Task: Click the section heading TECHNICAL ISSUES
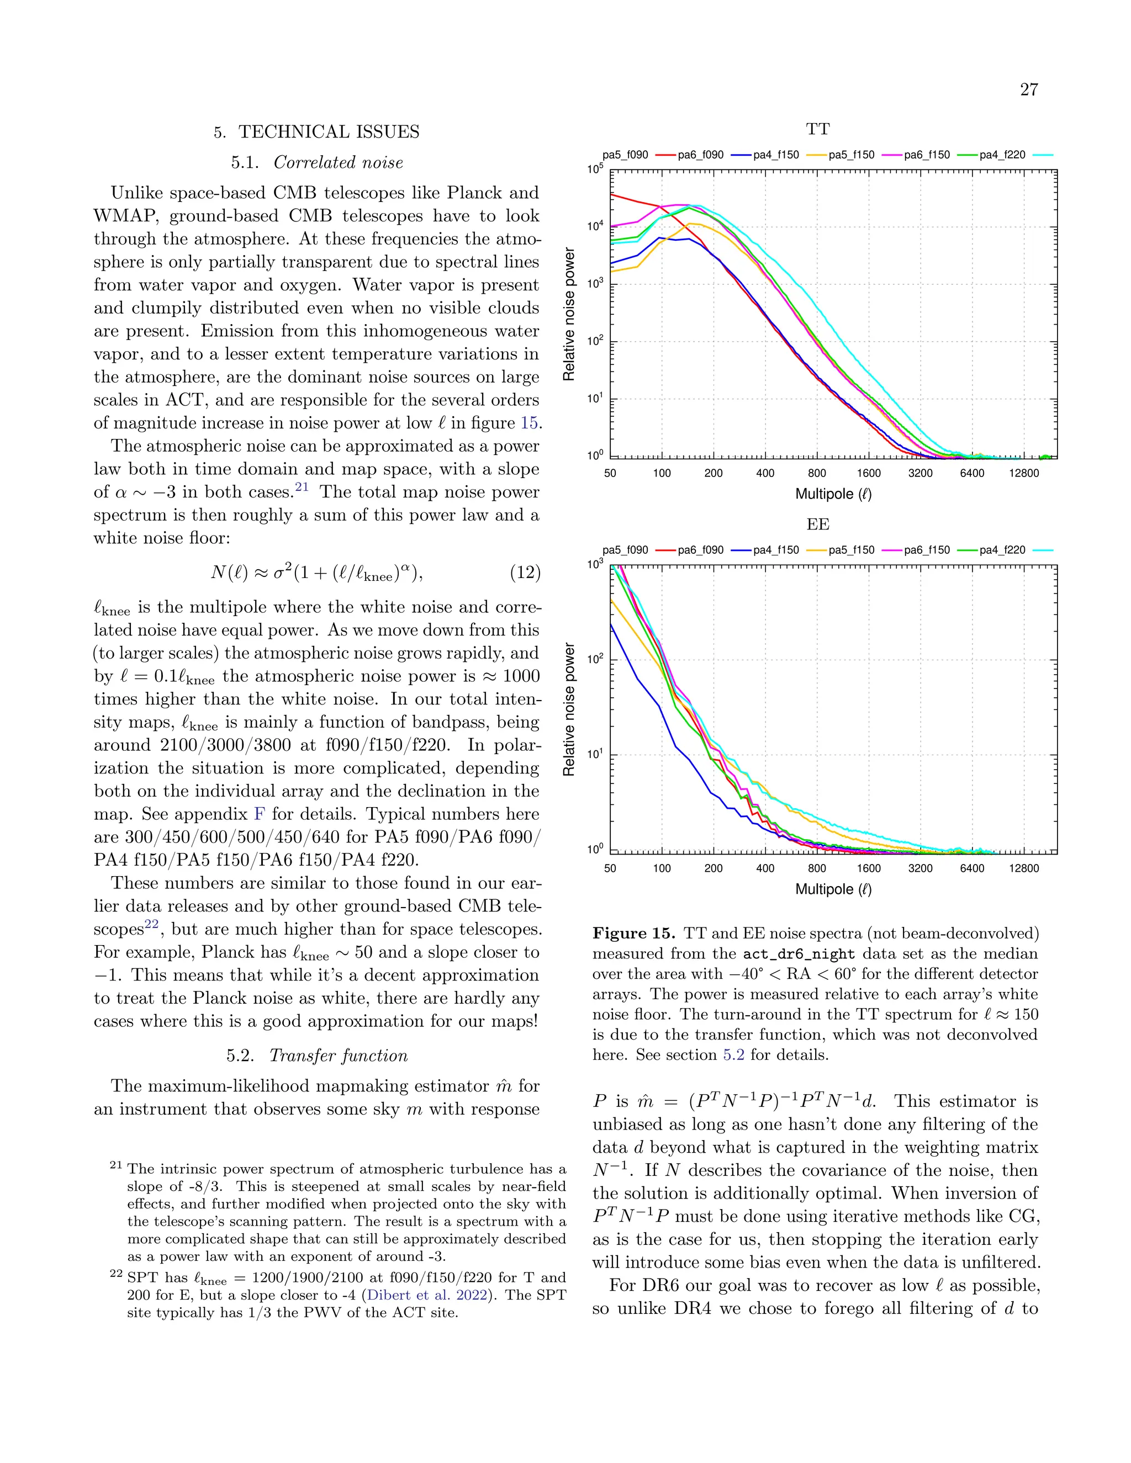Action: pyautogui.click(x=329, y=132)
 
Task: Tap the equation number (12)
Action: pyautogui.click(x=525, y=572)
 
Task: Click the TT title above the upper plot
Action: pyautogui.click(x=817, y=129)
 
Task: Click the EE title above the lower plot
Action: pyautogui.click(x=817, y=524)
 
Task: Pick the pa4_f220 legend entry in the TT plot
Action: pyautogui.click(x=1002, y=155)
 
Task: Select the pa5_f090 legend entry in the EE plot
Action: pyautogui.click(x=625, y=550)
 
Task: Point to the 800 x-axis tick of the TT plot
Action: pyautogui.click(x=817, y=473)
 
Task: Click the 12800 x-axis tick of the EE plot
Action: pyautogui.click(x=1024, y=868)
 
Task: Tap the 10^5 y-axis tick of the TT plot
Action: pyautogui.click(x=595, y=170)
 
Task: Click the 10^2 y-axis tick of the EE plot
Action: pyautogui.click(x=595, y=660)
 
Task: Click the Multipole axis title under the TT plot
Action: pyautogui.click(x=833, y=494)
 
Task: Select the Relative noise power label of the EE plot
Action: pyautogui.click(x=569, y=709)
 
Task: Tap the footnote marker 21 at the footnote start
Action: pyautogui.click(x=116, y=1166)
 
